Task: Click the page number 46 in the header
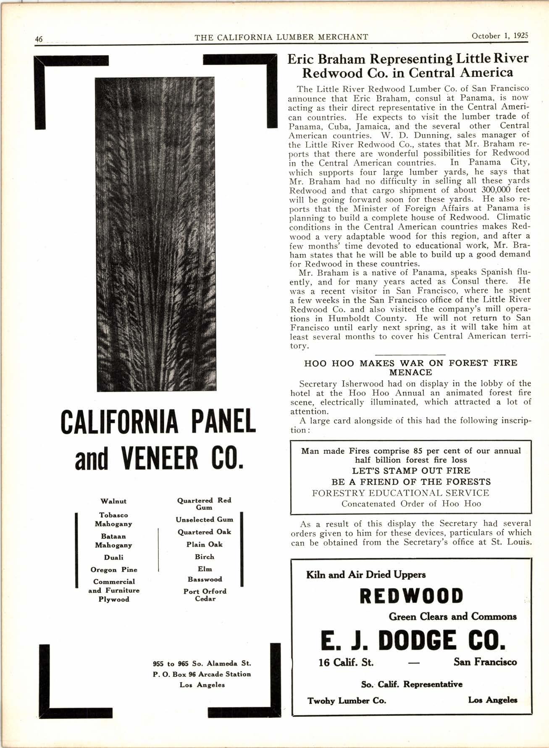click(x=39, y=39)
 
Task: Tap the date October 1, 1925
click(x=499, y=36)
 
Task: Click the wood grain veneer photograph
click(x=156, y=234)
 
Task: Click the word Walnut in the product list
click(x=113, y=501)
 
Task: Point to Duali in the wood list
click(x=113, y=557)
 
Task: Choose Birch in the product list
click(x=205, y=557)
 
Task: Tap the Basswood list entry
click(x=205, y=579)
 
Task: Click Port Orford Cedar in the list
click(x=205, y=595)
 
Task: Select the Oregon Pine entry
click(x=113, y=569)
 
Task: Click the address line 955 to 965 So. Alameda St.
click(x=202, y=664)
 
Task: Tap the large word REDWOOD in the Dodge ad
click(x=411, y=596)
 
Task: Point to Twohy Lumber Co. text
click(x=347, y=701)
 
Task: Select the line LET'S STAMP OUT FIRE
click(x=411, y=471)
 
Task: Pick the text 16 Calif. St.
click(x=346, y=662)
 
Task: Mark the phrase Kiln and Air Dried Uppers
click(x=366, y=574)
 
